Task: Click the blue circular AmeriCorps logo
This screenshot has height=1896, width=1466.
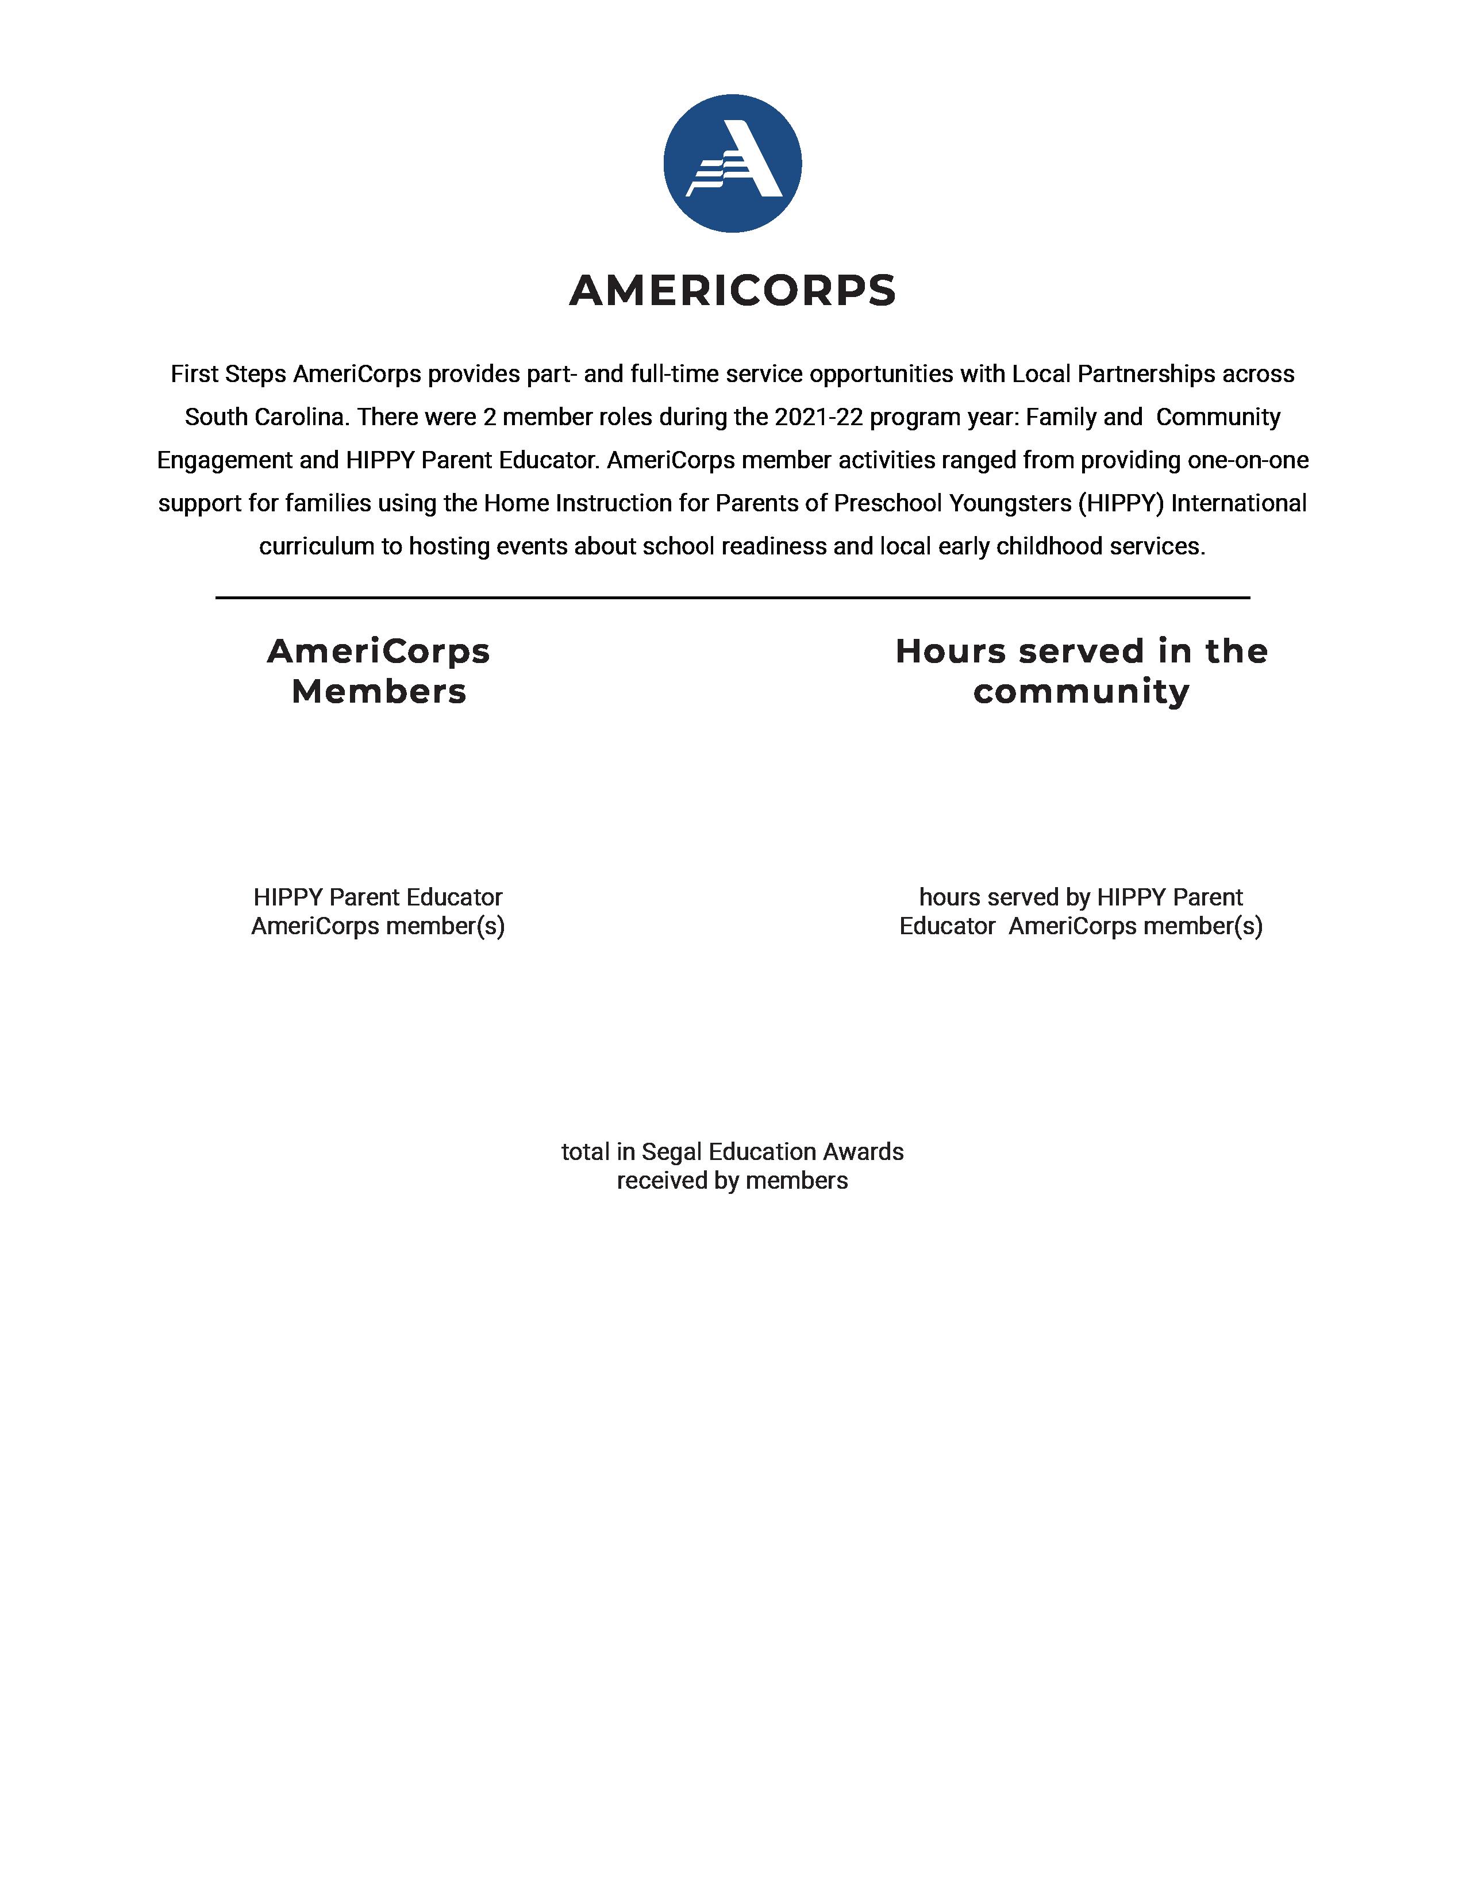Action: (732, 163)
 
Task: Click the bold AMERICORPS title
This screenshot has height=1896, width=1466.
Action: (732, 290)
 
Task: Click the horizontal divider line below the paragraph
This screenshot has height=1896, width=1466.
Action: (732, 598)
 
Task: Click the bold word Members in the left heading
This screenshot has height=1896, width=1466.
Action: (379, 692)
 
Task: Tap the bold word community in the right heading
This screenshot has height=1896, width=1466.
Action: (1082, 692)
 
